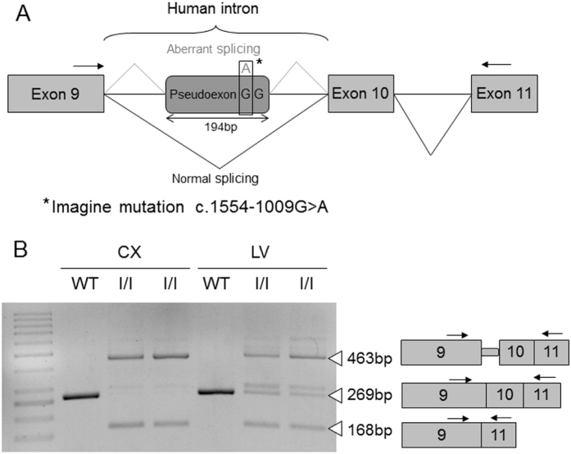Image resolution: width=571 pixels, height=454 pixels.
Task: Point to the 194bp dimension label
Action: [x=217, y=128]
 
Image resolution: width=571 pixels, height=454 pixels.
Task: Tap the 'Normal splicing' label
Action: [x=217, y=175]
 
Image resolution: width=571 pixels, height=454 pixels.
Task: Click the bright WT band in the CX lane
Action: [x=81, y=396]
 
